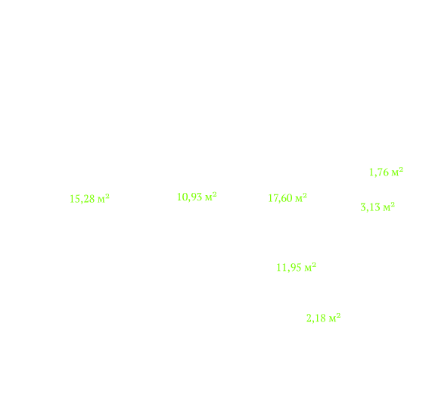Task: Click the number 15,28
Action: (82, 199)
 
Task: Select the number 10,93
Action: (189, 197)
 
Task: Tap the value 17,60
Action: (280, 198)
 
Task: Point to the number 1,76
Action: (379, 172)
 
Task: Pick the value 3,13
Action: (370, 207)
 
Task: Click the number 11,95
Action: (289, 268)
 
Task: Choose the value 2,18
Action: (316, 318)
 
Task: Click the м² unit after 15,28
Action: (104, 198)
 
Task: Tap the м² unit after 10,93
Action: (211, 197)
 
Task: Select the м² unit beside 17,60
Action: (301, 197)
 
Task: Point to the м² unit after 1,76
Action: (397, 172)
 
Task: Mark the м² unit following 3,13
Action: (389, 206)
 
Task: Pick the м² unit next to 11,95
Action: (310, 267)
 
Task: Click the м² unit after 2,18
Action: (335, 317)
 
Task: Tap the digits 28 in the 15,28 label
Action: (89, 199)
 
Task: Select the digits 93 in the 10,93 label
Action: (196, 197)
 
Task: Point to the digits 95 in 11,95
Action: (295, 267)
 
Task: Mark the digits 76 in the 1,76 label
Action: (383, 172)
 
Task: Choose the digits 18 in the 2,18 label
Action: (320, 318)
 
